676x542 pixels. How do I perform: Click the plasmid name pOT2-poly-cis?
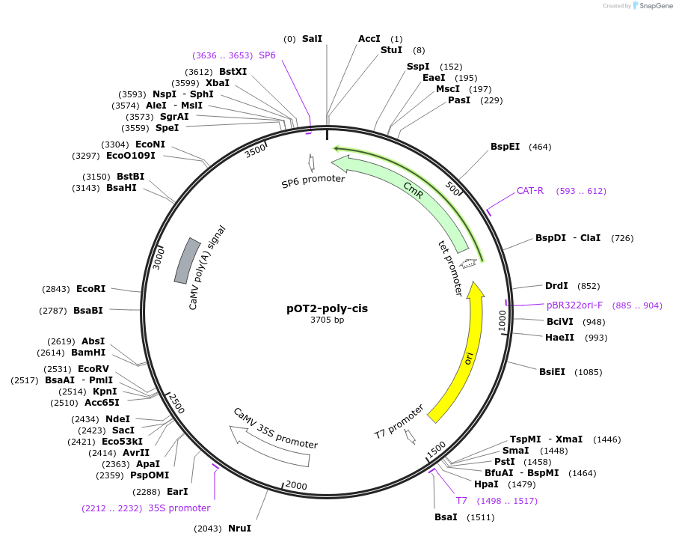(327, 308)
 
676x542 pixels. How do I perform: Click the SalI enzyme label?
(312, 38)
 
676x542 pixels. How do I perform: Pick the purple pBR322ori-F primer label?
(574, 305)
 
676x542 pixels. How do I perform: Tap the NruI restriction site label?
(239, 529)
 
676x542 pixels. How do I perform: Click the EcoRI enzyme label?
(90, 288)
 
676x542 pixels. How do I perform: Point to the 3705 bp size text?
(327, 320)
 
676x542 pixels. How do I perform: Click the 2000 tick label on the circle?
(296, 486)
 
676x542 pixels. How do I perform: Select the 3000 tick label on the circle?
(158, 259)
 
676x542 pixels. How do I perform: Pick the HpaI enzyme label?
(486, 484)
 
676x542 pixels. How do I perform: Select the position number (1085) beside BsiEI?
(588, 372)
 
